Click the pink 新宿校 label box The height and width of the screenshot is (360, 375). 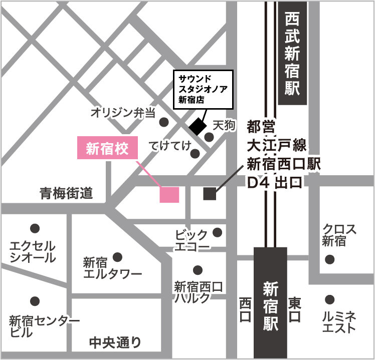(x=107, y=149)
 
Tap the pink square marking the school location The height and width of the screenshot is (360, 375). (x=169, y=195)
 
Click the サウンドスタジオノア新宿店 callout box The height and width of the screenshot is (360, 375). (x=204, y=89)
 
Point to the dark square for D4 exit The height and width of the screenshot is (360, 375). (x=210, y=194)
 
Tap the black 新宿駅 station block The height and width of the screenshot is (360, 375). (x=271, y=302)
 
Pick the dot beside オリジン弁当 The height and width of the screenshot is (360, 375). (x=163, y=122)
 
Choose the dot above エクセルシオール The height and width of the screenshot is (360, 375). (x=35, y=228)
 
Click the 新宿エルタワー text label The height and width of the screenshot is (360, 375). (x=112, y=268)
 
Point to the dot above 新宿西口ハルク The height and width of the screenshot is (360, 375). (x=198, y=269)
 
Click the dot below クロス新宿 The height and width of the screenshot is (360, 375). (x=329, y=259)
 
